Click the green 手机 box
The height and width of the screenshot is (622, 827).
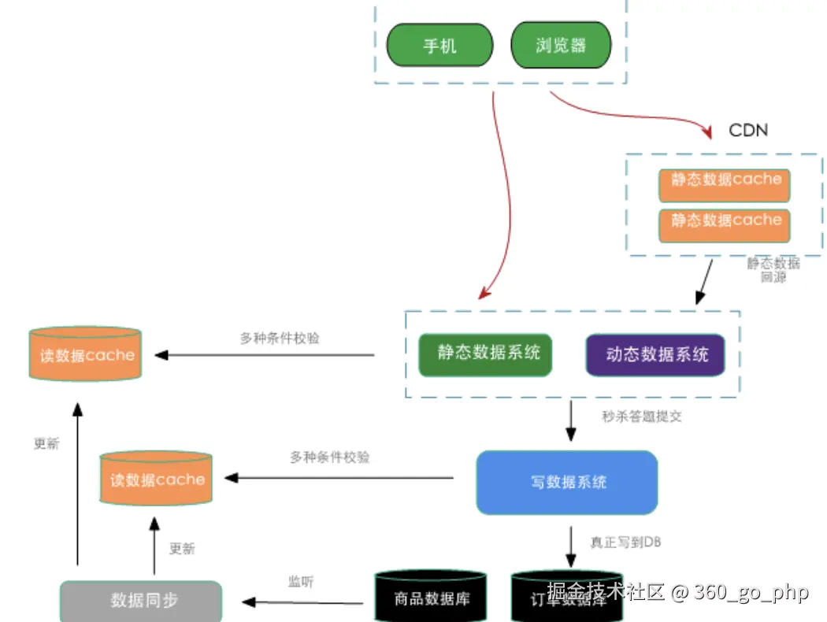(x=439, y=45)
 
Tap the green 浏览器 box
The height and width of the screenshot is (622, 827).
(x=561, y=45)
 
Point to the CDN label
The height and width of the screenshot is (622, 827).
(x=747, y=130)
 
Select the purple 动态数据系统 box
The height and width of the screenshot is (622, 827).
(x=655, y=354)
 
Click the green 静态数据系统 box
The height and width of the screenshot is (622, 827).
(x=485, y=354)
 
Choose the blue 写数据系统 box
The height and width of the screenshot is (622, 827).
(x=567, y=482)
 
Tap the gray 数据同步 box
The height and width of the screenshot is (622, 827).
(x=142, y=601)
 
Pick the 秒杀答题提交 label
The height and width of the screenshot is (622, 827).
(x=642, y=417)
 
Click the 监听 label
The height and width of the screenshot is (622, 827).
(x=301, y=582)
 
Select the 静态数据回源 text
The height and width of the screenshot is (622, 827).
(x=773, y=270)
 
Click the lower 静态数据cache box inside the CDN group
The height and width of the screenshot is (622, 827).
(x=725, y=224)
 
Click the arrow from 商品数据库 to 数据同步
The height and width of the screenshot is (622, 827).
(x=303, y=603)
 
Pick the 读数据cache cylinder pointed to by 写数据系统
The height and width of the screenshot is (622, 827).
(x=157, y=479)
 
